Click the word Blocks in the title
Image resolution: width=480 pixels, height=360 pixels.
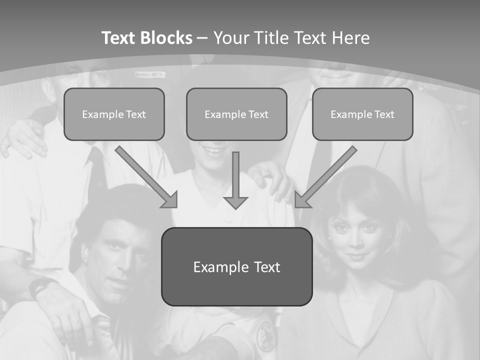pos(167,38)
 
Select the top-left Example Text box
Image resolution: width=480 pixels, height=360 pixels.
pos(114,114)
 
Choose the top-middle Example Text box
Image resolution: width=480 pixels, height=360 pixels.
pos(236,114)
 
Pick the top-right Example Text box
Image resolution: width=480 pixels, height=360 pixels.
pos(362,114)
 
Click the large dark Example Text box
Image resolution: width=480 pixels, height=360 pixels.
pos(236,266)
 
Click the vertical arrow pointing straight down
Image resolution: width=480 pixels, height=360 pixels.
pos(235,180)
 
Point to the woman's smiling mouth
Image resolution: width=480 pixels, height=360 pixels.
pos(356,256)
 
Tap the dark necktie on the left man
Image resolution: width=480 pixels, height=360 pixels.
pos(96,170)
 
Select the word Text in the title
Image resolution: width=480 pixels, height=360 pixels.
pos(121,38)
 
